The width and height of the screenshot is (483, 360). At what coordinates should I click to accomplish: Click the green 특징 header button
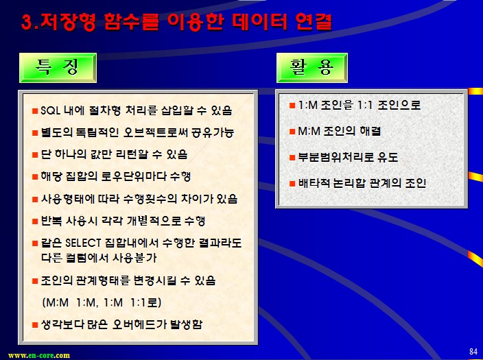point(58,68)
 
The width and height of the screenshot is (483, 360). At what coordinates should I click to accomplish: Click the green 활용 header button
point(312,68)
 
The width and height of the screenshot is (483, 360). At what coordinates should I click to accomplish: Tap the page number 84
point(473,351)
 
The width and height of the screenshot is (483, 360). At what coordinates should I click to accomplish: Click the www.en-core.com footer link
point(39,355)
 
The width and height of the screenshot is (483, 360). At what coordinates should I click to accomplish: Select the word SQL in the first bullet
point(50,110)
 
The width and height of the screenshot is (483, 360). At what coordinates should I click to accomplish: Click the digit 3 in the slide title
point(27,22)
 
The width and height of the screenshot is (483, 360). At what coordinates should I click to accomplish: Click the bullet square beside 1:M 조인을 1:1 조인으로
point(292,106)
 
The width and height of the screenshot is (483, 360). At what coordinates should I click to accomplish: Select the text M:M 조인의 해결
point(340,131)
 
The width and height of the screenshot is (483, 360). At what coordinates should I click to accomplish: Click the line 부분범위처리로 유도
point(348,157)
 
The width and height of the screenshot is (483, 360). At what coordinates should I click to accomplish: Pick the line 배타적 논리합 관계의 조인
point(362,183)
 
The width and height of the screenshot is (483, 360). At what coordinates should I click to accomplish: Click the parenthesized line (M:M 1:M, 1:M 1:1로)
point(102,302)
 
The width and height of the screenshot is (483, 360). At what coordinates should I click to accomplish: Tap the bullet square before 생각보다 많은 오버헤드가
point(35,325)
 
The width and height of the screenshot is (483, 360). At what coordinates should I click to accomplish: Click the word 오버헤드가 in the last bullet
point(139,324)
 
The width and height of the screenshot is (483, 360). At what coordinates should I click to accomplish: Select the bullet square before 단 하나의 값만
point(35,154)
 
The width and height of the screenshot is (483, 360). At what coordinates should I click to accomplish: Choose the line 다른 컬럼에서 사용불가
point(99,257)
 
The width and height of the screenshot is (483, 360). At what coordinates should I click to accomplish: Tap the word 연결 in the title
point(314,22)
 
